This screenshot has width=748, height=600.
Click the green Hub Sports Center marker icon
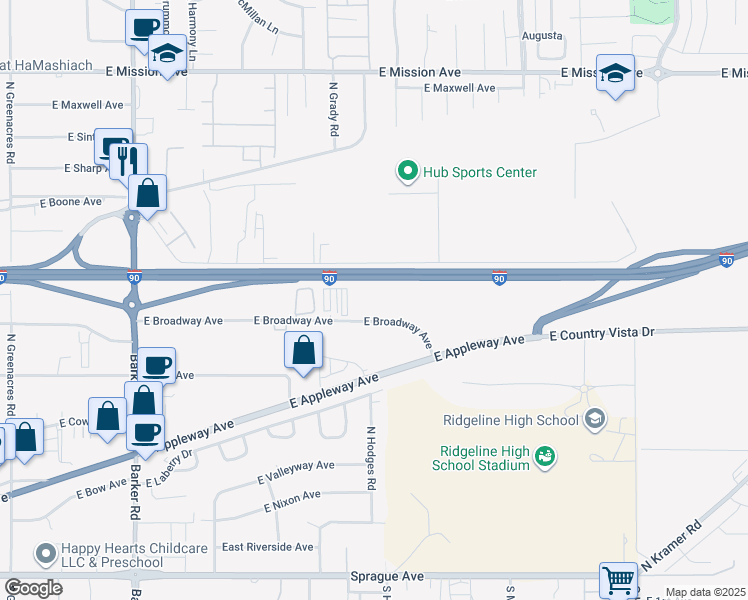tap(407, 172)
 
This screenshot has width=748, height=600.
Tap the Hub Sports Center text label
tap(480, 172)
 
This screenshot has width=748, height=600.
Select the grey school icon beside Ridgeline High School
tap(596, 418)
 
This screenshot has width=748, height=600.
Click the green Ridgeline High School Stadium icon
tap(545, 457)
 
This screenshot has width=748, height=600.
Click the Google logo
tap(33, 588)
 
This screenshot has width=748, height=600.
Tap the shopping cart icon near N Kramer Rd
tap(618, 579)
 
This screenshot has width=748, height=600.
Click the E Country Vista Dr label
tap(600, 332)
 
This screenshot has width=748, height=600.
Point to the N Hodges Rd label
tap(370, 458)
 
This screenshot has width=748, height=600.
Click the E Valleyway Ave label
tap(295, 466)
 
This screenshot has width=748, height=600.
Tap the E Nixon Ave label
tap(292, 496)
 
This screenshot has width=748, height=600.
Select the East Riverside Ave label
tap(267, 547)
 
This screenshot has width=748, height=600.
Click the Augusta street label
tap(542, 36)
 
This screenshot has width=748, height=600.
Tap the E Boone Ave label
tap(71, 202)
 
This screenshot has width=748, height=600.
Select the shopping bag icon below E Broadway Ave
tap(303, 351)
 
